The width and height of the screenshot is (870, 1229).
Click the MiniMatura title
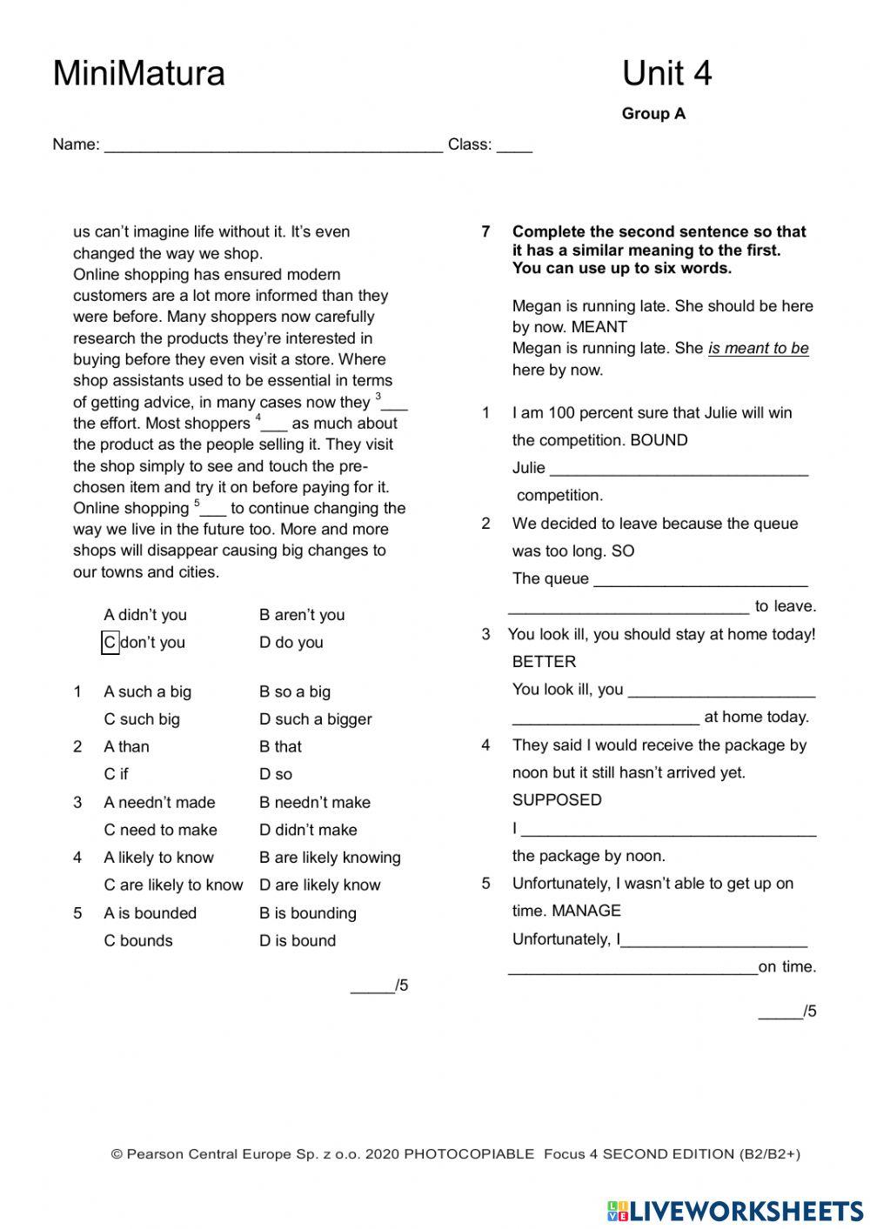138,73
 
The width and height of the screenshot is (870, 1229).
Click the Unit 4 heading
666,73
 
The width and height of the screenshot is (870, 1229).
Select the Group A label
653,114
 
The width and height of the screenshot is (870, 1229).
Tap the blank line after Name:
273,146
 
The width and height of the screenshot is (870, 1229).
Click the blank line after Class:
514,146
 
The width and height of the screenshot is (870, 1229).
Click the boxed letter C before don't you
110,643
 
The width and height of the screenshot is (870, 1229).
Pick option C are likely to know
173,885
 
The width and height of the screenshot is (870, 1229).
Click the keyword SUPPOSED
557,800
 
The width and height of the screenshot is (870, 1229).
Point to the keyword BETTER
544,662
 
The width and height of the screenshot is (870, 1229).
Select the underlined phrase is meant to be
758,349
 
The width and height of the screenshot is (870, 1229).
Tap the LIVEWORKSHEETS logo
735,1211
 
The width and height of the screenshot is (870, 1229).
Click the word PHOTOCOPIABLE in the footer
469,1154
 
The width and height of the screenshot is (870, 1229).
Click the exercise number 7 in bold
486,231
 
